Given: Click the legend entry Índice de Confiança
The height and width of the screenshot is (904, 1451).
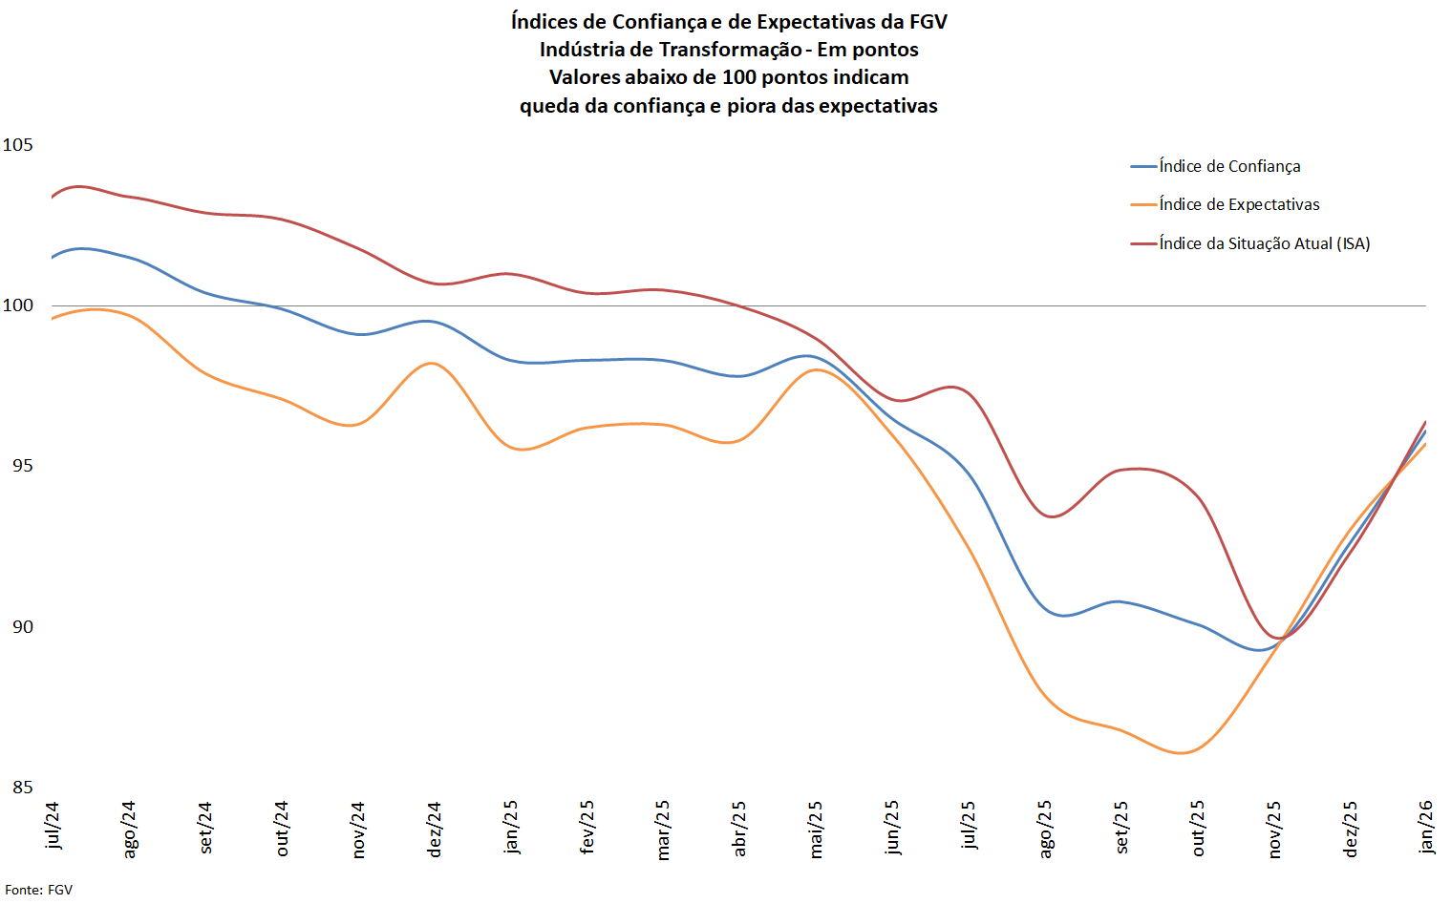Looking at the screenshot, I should [x=1229, y=166].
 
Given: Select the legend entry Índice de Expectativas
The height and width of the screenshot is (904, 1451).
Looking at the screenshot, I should [x=1239, y=204].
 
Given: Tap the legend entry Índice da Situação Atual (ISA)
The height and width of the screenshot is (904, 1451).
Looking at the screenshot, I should [x=1264, y=243].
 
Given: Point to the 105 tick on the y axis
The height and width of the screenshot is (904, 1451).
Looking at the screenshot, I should [x=18, y=145].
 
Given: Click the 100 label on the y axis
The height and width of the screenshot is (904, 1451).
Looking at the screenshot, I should [x=18, y=305].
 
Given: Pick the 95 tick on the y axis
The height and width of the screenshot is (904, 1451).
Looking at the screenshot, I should [x=22, y=466].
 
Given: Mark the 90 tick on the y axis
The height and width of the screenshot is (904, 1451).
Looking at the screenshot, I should [x=22, y=627].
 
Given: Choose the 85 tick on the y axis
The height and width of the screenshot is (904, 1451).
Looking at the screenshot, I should [x=22, y=788].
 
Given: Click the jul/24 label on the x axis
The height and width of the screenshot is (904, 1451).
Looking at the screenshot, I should [x=53, y=825].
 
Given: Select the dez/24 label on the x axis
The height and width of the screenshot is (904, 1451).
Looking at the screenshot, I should [x=435, y=829].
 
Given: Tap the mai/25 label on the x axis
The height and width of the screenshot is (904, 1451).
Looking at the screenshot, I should [x=816, y=829].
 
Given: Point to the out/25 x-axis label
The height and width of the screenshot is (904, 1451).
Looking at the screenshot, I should [x=1198, y=828].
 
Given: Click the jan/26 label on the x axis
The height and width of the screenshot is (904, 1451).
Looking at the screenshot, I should [x=1426, y=827].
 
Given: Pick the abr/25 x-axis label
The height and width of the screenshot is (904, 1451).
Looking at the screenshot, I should [x=739, y=828].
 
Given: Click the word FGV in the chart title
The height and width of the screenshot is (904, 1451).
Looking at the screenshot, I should [x=928, y=21].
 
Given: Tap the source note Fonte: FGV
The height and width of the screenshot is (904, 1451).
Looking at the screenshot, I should [x=38, y=890].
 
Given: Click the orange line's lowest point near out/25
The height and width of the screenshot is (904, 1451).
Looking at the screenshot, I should [x=1182, y=753].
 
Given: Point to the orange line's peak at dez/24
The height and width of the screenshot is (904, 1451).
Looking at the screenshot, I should [x=432, y=364].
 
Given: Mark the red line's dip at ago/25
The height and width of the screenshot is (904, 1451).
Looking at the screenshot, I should [x=1052, y=516].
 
